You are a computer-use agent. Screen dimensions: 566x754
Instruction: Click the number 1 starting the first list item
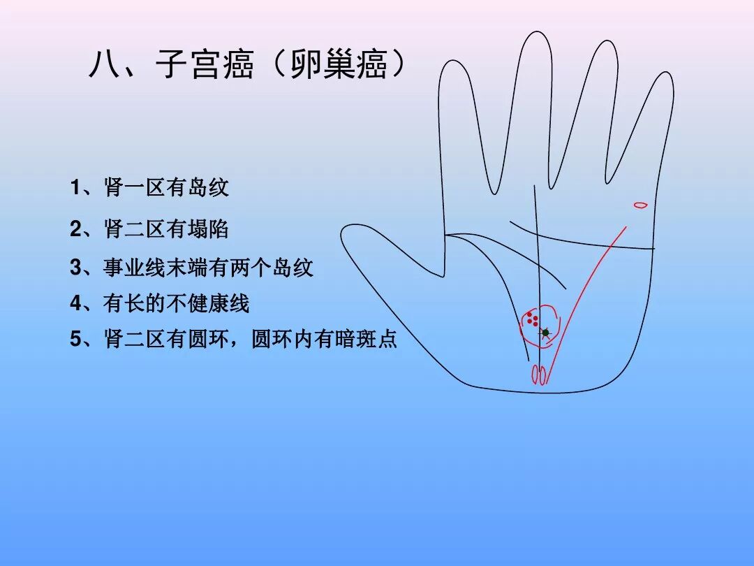[75, 188]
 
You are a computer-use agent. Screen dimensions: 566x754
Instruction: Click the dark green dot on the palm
[546, 333]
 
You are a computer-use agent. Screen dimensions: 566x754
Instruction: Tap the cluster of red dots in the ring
[533, 319]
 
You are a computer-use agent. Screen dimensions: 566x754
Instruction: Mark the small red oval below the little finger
[640, 205]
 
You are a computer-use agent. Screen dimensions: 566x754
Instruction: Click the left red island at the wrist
[535, 375]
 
